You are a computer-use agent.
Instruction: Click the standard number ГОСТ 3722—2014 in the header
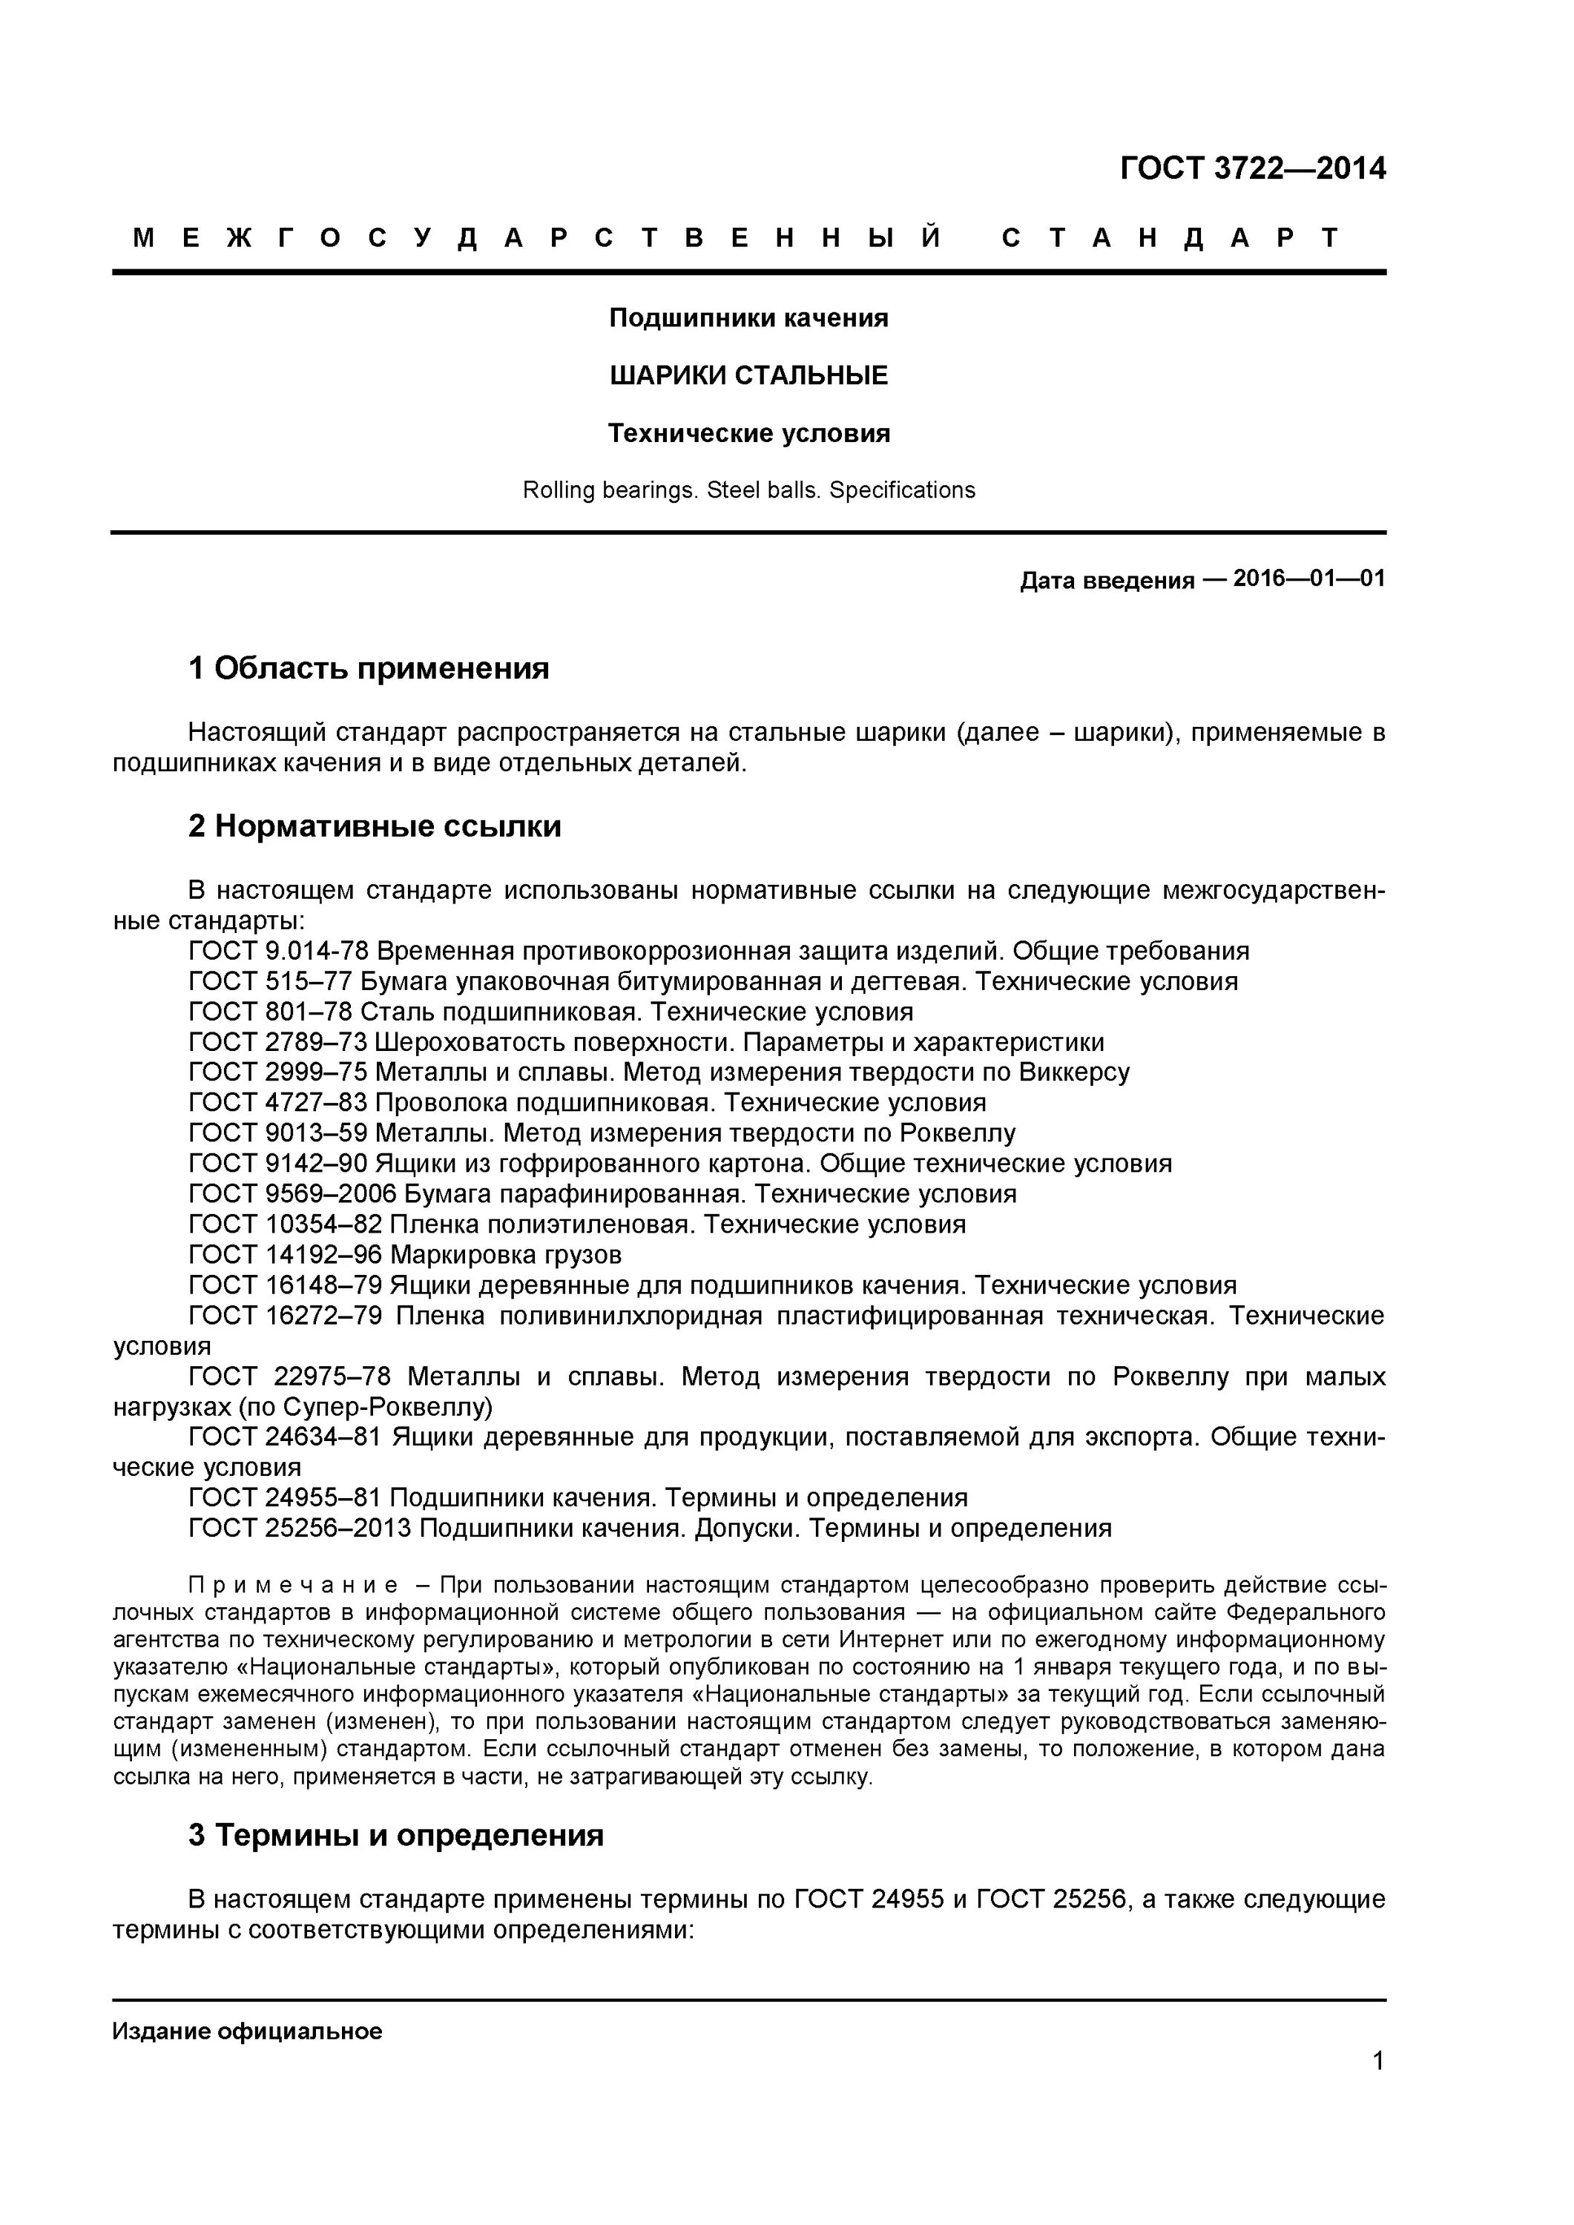coord(1252,168)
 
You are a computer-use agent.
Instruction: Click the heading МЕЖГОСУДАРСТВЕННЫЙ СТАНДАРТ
coord(737,238)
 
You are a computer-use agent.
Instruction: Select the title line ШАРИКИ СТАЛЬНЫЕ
coord(748,375)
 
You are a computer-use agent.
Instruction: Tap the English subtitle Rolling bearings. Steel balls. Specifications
coord(748,490)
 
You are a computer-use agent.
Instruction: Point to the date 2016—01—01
coord(1308,578)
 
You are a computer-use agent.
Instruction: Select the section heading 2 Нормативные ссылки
coord(374,827)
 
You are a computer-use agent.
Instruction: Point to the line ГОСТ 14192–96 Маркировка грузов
coord(405,1255)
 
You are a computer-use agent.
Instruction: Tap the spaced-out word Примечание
coord(293,1586)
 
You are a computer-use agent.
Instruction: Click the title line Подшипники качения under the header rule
coord(748,318)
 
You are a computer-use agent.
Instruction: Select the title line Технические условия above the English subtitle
coord(748,433)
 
